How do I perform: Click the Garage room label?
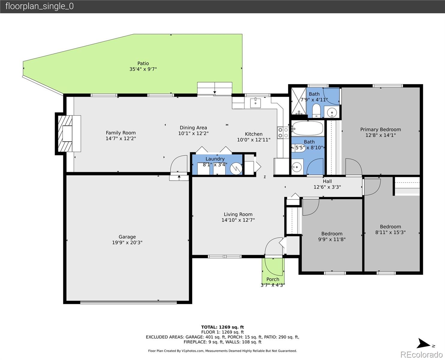pyautogui.click(x=127, y=237)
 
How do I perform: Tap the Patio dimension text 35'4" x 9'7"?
pyautogui.click(x=143, y=69)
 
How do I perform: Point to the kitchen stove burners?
pyautogui.click(x=282, y=133)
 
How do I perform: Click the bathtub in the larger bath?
pyautogui.click(x=308, y=128)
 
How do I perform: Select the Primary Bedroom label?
pyautogui.click(x=380, y=130)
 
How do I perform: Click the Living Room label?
pyautogui.click(x=238, y=214)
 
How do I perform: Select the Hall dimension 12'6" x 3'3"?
pyautogui.click(x=327, y=187)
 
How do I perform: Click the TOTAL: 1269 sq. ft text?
pyautogui.click(x=222, y=327)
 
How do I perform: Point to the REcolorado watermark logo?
pyautogui.click(x=421, y=354)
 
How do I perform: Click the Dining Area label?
pyautogui.click(x=193, y=127)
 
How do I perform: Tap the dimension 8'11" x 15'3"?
pyautogui.click(x=390, y=232)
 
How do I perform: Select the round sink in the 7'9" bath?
pyautogui.click(x=332, y=113)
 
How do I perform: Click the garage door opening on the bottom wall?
pyautogui.click(x=128, y=302)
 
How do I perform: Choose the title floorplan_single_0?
pyautogui.click(x=39, y=6)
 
